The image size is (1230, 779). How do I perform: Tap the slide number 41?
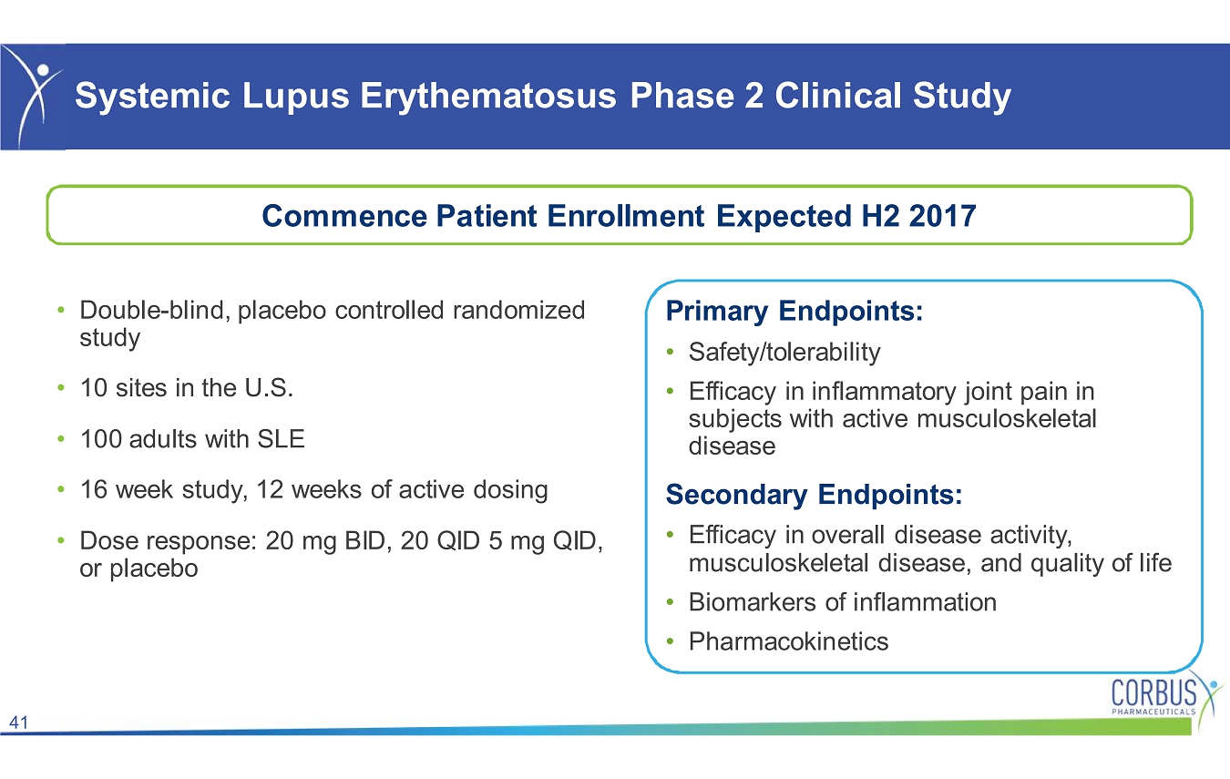(18, 722)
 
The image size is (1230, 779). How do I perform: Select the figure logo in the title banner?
(33, 97)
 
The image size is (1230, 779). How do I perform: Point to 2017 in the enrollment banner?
(942, 216)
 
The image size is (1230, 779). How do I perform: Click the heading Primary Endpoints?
(794, 312)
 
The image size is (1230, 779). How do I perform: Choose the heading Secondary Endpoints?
(814, 494)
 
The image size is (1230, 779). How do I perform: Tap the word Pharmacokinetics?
(788, 641)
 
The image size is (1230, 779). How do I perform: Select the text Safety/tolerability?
(784, 353)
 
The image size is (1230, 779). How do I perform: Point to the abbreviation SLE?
(281, 439)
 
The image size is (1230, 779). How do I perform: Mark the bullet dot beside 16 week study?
(62, 489)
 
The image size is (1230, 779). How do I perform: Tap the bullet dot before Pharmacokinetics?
(670, 641)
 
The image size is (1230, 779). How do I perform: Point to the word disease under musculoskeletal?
(732, 446)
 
